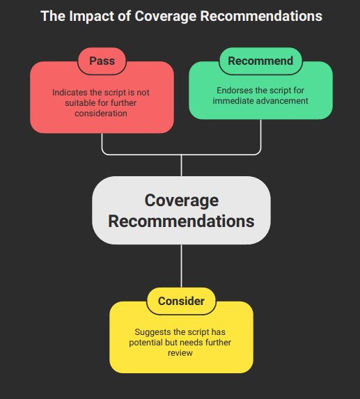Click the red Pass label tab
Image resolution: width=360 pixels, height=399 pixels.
tap(102, 61)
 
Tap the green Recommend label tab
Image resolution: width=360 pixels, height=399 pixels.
tap(261, 61)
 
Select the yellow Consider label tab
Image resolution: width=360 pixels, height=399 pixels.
tap(181, 301)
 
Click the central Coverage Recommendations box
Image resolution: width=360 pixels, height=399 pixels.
tap(181, 210)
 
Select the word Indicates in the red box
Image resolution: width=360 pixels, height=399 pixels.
tap(72, 93)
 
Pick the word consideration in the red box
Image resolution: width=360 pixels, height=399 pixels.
tap(102, 113)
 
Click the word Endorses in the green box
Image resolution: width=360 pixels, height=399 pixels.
tap(235, 91)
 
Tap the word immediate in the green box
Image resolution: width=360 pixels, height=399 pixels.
tap(233, 101)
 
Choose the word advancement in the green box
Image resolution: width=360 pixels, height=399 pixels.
tap(282, 101)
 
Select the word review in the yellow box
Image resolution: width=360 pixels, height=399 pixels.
tap(181, 353)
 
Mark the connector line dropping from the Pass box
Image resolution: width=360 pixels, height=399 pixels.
tap(102, 143)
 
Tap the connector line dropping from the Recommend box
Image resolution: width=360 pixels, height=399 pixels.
tap(261, 136)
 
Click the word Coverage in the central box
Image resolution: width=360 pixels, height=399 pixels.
tap(181, 201)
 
